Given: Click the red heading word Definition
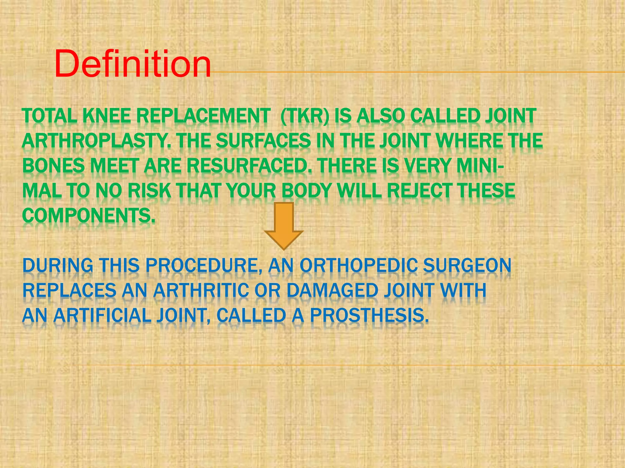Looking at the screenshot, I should pos(133,64).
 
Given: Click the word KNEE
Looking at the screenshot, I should pos(107,116).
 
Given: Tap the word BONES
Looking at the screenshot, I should pos(53,166).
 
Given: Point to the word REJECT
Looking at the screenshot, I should pos(417,191).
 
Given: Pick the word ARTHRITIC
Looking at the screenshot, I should pos(201,290).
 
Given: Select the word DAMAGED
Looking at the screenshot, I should pos(332,290).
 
